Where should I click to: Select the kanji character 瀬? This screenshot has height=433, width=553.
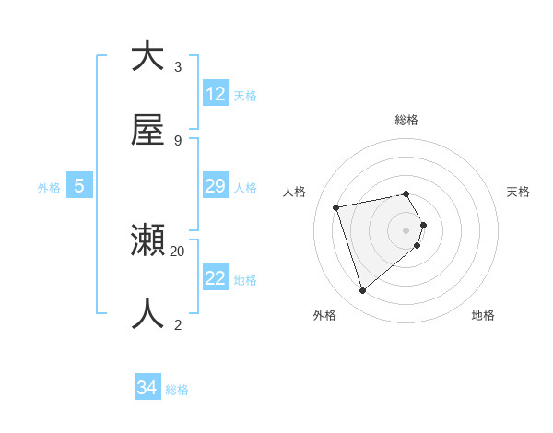tap(147, 241)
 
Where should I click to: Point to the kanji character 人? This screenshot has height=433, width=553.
tap(147, 314)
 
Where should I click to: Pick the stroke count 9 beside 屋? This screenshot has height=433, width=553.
tap(178, 140)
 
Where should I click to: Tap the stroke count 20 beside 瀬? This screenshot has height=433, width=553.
tap(178, 251)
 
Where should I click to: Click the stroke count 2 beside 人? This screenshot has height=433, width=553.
tap(178, 324)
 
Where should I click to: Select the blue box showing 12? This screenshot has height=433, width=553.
tap(216, 94)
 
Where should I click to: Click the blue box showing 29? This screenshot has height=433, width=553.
tap(216, 186)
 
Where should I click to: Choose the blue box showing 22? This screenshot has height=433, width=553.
tap(216, 278)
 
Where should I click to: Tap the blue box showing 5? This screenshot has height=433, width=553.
tap(79, 186)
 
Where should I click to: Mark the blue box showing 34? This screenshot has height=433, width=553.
tap(147, 388)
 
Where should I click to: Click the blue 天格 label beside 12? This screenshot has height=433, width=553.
tap(245, 95)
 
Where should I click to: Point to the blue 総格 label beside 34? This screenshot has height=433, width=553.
tap(177, 390)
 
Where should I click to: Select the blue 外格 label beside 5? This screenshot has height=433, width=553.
tap(49, 188)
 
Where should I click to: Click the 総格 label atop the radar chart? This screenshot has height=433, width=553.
tap(406, 120)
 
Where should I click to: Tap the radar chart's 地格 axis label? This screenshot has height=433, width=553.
tap(483, 315)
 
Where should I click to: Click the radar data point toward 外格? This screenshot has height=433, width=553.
tap(362, 291)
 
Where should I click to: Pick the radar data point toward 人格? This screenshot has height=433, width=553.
tap(336, 206)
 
